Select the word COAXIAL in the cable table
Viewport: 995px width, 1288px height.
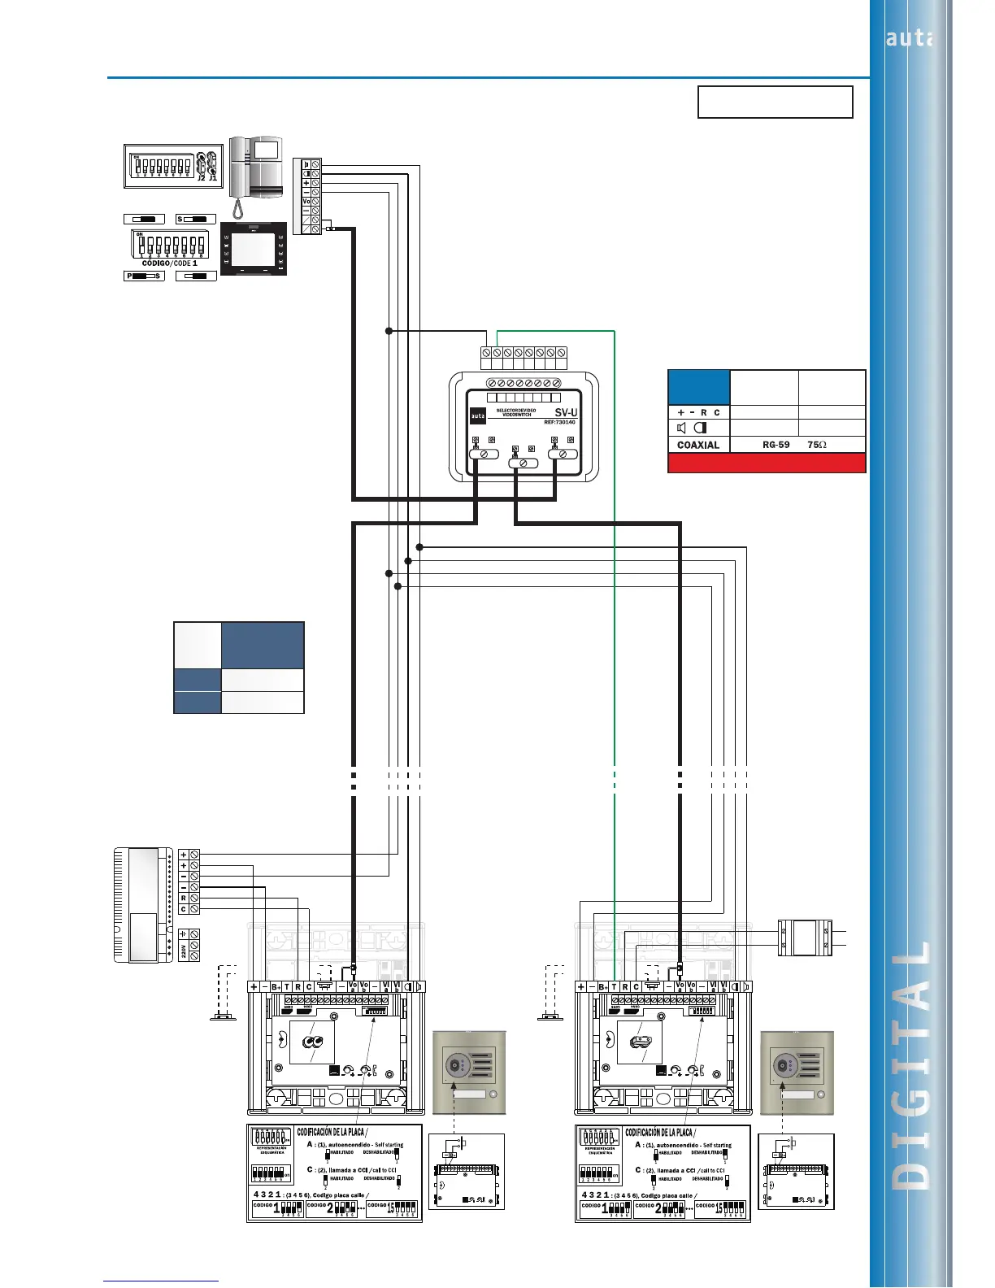click(x=697, y=445)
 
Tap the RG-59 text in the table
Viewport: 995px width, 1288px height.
click(x=776, y=445)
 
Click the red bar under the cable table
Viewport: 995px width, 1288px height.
click(x=767, y=463)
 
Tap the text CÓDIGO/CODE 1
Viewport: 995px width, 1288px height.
click(x=169, y=263)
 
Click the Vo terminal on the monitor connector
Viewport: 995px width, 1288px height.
click(x=306, y=201)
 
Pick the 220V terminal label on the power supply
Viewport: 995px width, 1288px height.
click(x=184, y=952)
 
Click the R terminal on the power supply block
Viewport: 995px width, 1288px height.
click(x=184, y=899)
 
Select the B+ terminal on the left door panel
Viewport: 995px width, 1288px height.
click(x=276, y=986)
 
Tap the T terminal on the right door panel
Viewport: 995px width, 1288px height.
click(x=614, y=986)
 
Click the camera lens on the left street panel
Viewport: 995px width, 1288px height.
click(x=453, y=1065)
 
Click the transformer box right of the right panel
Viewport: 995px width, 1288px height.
click(x=804, y=938)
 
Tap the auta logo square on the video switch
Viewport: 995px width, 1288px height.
click(x=478, y=416)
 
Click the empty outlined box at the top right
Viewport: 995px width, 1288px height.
click(x=775, y=102)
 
